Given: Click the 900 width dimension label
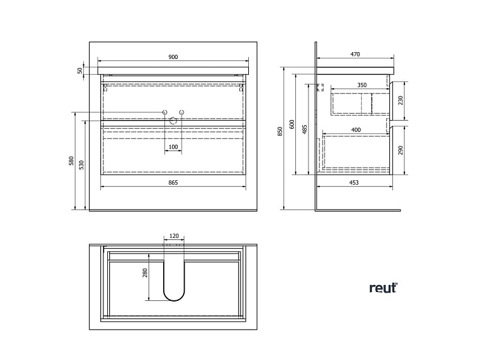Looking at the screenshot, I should pos(173,57).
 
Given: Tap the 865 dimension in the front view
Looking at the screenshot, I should pos(173,182).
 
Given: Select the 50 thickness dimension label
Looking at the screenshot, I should pos(80,70).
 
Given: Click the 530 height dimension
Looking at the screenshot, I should pos(81,165).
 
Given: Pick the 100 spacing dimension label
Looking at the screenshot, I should pos(173,147).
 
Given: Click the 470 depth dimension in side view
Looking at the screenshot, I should pos(355,55).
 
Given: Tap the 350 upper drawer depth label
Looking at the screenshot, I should pos(361,85).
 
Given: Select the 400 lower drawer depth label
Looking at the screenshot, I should pos(356,130).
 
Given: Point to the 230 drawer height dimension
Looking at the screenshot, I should pos(400,100).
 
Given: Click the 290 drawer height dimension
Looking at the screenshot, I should pos(400,150).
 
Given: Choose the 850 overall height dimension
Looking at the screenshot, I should pos(280,131).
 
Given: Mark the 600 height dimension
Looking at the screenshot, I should pos(292,124).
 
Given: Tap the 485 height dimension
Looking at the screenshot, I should pos(305,130).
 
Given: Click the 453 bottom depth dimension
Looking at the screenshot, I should pos(354,183).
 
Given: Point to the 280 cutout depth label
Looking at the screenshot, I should pos(145,273).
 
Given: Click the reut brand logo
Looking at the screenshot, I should pos(383,288).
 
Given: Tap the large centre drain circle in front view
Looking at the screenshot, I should pos(173,121).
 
